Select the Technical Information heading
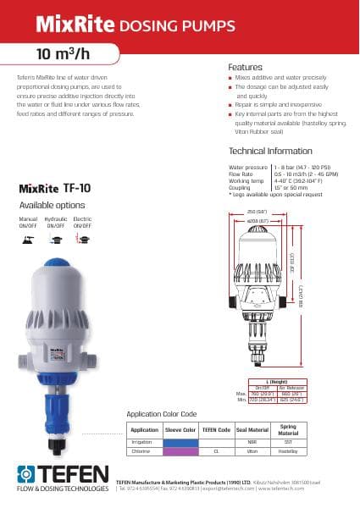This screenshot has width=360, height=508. coord(270,151)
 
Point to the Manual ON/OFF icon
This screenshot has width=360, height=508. coord(29,239)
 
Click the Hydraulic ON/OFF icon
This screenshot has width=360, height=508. coord(55,239)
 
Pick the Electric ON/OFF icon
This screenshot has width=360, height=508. coord(82,239)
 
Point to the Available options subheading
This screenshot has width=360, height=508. coord(52,206)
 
